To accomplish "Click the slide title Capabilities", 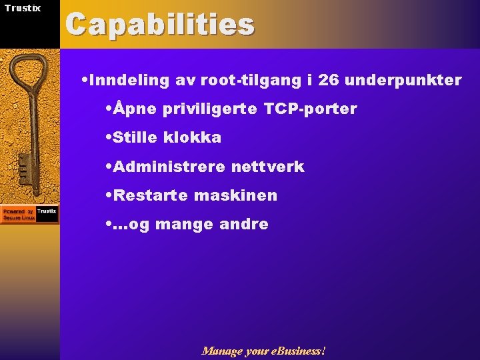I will [160, 25].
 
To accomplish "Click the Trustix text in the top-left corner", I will [22, 8].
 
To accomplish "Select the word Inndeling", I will [129, 81].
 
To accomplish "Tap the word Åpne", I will [135, 109].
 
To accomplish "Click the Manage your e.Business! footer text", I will [264, 351].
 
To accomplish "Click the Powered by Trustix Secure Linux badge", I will [29, 214].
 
